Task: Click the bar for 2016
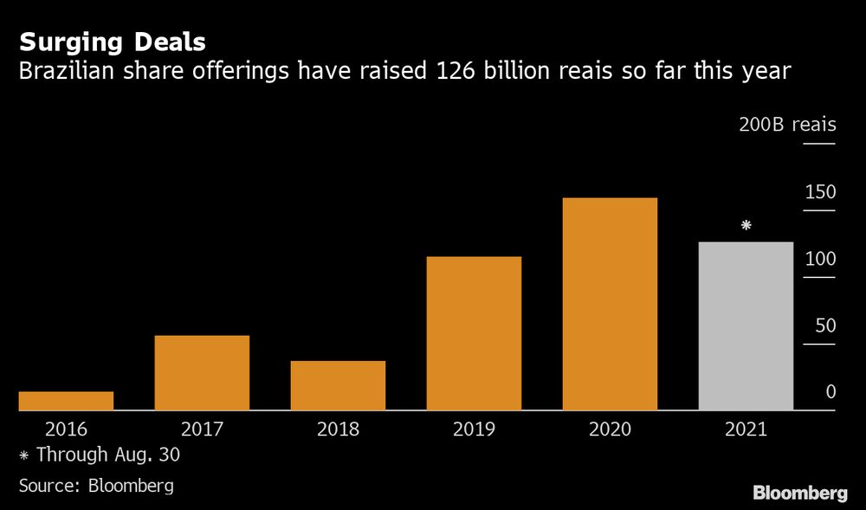(x=66, y=401)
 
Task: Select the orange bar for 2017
(x=202, y=372)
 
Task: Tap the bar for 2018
(x=338, y=385)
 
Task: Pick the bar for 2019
(x=474, y=333)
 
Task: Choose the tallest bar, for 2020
(x=610, y=304)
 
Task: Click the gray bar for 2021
(x=746, y=326)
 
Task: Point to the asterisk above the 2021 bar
(x=746, y=226)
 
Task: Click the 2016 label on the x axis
(x=66, y=429)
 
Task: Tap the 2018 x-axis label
(x=338, y=429)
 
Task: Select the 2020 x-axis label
(x=610, y=429)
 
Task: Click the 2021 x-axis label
(x=746, y=429)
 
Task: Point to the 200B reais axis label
(x=787, y=125)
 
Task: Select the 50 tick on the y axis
(x=824, y=326)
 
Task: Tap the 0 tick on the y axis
(x=830, y=392)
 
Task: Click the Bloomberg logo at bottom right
(x=799, y=494)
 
